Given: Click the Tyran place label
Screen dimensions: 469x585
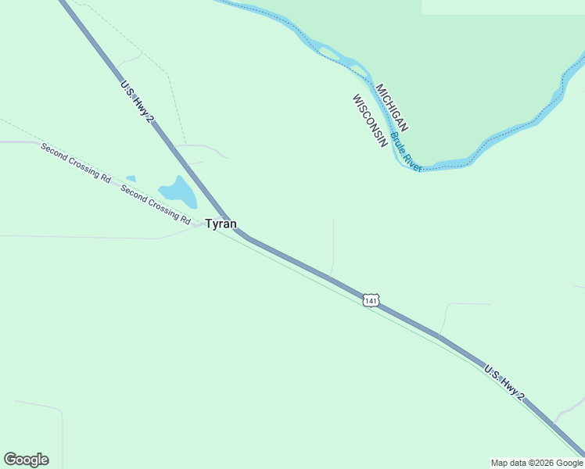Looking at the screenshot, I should click(221, 224).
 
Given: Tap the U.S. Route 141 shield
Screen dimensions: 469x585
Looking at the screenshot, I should click(371, 300).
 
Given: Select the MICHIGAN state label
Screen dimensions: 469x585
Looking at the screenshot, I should click(392, 107).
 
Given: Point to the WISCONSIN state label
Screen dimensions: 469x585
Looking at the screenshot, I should click(370, 121).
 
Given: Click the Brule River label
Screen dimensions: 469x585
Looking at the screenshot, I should click(406, 152).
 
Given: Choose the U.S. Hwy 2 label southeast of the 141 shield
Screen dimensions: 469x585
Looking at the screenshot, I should click(504, 382).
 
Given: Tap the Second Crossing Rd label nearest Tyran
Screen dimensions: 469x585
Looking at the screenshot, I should click(156, 205).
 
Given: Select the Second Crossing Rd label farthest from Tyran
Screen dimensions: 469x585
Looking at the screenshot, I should click(76, 163).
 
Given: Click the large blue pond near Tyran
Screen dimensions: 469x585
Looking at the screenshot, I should click(178, 191).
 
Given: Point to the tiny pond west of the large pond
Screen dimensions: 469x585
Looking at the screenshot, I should click(131, 179).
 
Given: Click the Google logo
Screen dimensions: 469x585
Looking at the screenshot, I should click(26, 460).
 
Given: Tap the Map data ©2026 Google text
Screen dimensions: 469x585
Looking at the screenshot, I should click(537, 463).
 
